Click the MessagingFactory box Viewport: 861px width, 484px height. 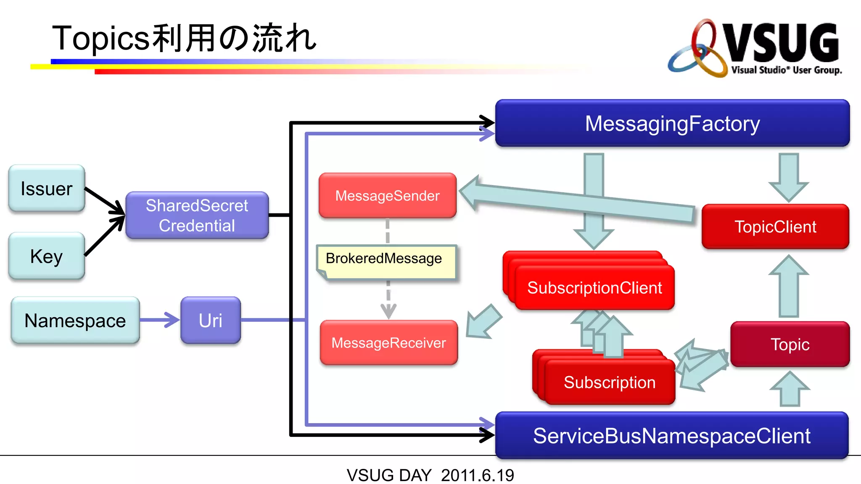672,124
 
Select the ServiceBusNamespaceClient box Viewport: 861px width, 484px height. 672,436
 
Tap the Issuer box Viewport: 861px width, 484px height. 47,188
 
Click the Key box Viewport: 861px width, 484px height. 47,256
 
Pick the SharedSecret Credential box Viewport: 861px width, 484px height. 197,216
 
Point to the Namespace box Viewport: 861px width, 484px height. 75,321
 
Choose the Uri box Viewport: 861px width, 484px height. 211,321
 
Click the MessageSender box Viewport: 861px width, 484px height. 387,196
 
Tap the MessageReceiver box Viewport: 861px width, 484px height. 388,343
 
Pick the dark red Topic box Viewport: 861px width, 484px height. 790,345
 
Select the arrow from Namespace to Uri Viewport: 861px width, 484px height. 160,320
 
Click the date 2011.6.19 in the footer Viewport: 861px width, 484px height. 477,475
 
